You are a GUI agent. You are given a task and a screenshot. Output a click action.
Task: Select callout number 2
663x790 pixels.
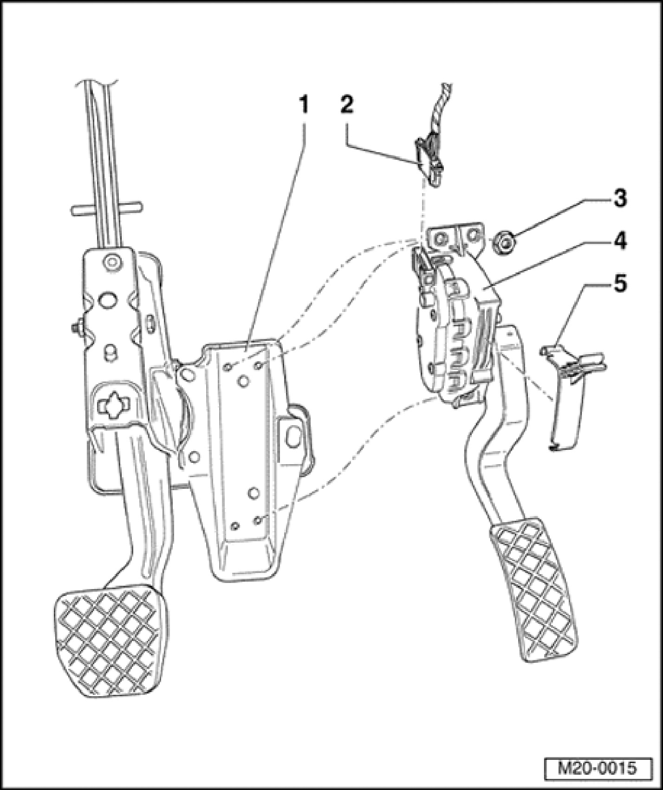[x=346, y=106]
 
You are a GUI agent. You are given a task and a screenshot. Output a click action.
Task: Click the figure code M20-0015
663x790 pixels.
[x=597, y=768]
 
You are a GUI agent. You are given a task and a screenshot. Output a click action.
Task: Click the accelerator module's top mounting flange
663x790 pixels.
[x=453, y=238]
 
